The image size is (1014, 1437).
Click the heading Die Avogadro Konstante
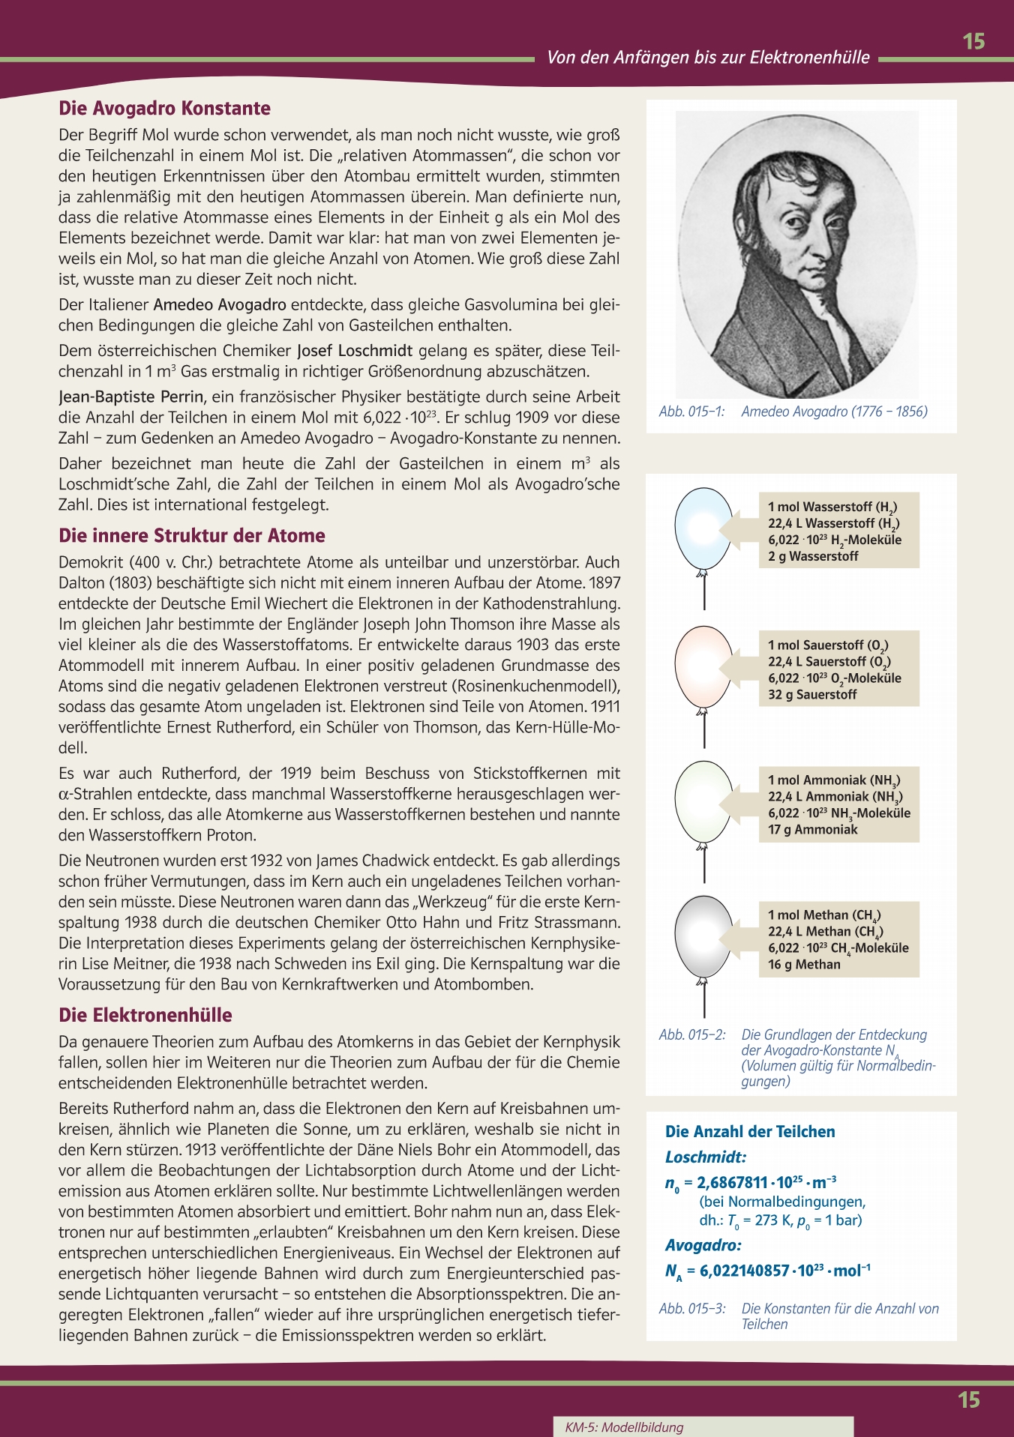pyautogui.click(x=164, y=109)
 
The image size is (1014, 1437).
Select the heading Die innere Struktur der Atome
pyautogui.click(x=192, y=536)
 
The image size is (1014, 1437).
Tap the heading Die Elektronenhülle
pyautogui.click(x=145, y=1016)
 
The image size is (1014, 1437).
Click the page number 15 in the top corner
pyautogui.click(x=973, y=41)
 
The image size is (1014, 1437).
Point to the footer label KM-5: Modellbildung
pyautogui.click(x=624, y=1427)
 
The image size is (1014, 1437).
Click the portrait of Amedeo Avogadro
pyautogui.click(x=797, y=253)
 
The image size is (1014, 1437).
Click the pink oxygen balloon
pyautogui.click(x=703, y=666)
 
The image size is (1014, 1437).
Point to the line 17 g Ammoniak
pyautogui.click(x=812, y=830)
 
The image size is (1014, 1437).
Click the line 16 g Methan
pyautogui.click(x=804, y=965)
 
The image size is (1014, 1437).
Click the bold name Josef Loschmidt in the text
pyautogui.click(x=355, y=351)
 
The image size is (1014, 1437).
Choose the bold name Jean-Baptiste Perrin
pyautogui.click(x=131, y=397)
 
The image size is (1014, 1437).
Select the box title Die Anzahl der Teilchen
pyautogui.click(x=750, y=1132)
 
